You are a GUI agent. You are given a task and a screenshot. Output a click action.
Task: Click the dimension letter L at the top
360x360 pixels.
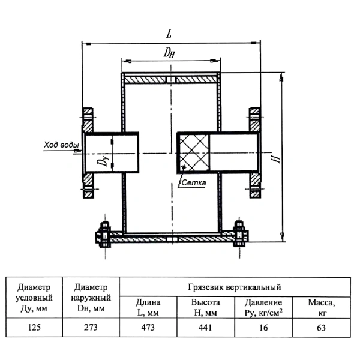169,34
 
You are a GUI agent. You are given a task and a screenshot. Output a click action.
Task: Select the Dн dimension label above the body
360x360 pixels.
169,53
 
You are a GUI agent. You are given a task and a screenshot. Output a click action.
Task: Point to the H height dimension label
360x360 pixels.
275,158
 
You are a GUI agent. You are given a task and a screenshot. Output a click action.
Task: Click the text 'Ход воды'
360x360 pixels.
61,145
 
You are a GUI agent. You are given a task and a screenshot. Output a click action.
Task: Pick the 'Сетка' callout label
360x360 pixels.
194,183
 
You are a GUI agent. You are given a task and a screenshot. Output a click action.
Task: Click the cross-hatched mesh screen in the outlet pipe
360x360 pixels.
194,152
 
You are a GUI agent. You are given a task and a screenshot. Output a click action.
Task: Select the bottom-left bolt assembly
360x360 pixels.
104,235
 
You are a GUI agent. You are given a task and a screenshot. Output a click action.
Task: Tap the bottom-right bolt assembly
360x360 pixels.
239,233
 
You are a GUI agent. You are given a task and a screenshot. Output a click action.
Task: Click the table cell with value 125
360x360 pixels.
34,328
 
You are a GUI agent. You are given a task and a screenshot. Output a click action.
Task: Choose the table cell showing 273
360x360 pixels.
91,328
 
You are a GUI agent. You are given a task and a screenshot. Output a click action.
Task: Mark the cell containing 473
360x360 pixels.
148,328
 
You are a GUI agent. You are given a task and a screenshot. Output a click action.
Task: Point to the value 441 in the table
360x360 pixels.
205,328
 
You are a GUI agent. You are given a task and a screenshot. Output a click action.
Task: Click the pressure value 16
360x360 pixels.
263,328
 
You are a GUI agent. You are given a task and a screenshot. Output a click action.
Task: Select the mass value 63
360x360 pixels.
321,328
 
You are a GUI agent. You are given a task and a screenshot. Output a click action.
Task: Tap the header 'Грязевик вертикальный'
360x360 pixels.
235,287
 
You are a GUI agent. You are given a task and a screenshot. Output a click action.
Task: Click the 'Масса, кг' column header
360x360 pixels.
322,308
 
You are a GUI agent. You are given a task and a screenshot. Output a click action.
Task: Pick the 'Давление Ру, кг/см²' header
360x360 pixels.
263,308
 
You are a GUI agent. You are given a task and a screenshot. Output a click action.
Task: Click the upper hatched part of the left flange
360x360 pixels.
88,119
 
